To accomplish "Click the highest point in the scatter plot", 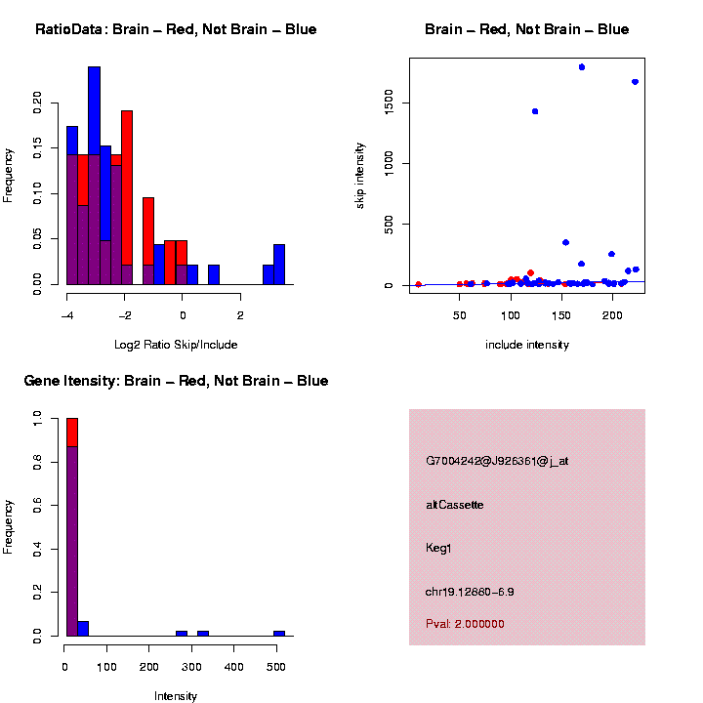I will pyautogui.click(x=582, y=66).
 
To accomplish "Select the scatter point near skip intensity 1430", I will pyautogui.click(x=535, y=111).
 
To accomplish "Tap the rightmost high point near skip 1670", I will pyautogui.click(x=635, y=82).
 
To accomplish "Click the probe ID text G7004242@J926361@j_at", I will pyautogui.click(x=497, y=461).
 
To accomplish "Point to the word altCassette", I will pyautogui.click(x=455, y=505).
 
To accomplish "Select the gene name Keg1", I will pyautogui.click(x=439, y=548).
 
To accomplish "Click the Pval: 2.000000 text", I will pyautogui.click(x=465, y=624).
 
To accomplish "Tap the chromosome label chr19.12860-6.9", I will pyautogui.click(x=471, y=592).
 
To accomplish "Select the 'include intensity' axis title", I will pyautogui.click(x=527, y=345).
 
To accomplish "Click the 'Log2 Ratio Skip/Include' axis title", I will pyautogui.click(x=177, y=345).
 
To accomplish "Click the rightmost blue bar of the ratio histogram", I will pyautogui.click(x=279, y=265).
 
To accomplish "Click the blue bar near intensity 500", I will pyautogui.click(x=279, y=633).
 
